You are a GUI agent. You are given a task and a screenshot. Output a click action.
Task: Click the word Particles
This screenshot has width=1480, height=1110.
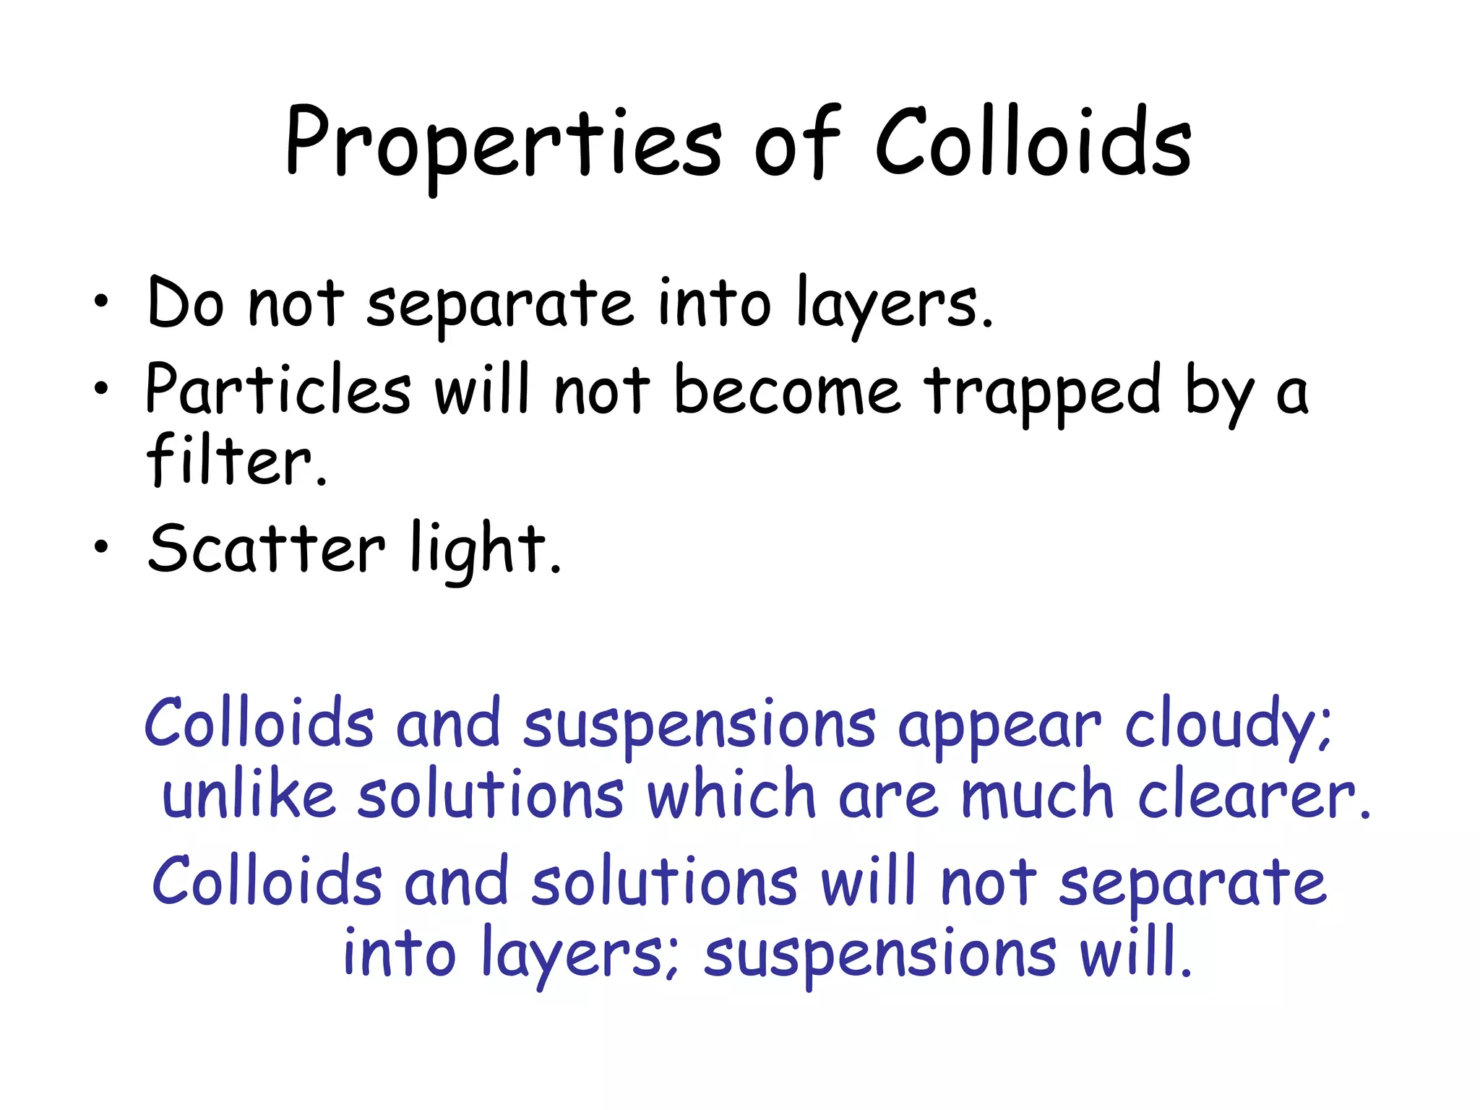(278, 390)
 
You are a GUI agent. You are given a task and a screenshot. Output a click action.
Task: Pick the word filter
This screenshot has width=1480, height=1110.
(236, 460)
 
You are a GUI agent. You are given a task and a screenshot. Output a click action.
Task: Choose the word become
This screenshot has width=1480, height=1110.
(787, 390)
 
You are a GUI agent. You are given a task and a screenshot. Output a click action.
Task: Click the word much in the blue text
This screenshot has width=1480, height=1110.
(1036, 796)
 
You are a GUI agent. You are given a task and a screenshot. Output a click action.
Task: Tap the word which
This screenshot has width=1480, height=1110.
(731, 796)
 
